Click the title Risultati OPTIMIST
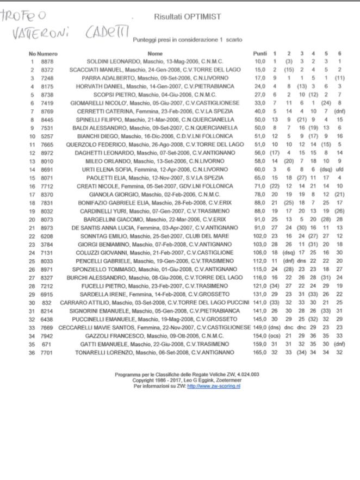(187, 17)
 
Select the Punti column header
(260, 54)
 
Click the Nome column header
(155, 54)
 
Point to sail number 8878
(48, 61)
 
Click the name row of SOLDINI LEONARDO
(155, 61)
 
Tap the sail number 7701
(48, 353)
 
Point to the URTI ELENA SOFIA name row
(155, 170)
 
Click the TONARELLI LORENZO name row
(155, 353)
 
